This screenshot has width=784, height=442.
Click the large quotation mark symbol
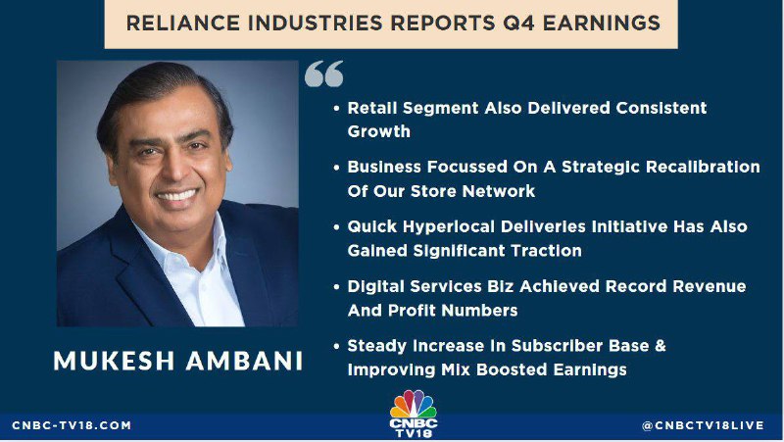coord(324,74)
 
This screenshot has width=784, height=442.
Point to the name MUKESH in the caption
coord(114,361)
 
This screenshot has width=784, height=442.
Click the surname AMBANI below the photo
coord(244,361)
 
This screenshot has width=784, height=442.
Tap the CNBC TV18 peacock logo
coord(413,414)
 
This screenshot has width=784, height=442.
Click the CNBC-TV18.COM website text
coord(72,425)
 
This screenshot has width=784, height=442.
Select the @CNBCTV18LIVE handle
coord(703,425)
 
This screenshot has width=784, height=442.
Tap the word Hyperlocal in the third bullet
coord(449,227)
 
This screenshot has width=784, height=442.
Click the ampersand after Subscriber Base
coord(660,346)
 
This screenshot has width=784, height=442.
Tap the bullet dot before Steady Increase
coord(336,346)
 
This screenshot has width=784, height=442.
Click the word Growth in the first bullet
coord(379,131)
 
